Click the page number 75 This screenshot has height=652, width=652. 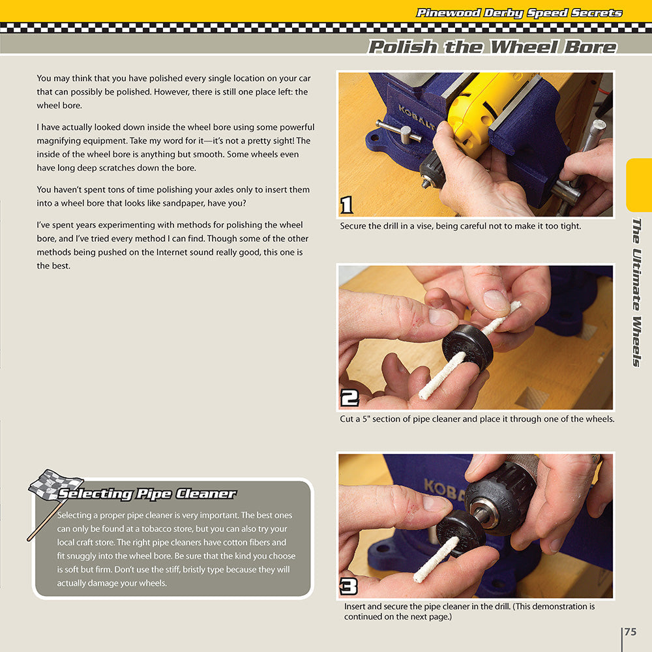point(630,632)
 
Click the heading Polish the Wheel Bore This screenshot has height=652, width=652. point(492,47)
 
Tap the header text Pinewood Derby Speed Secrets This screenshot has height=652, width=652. point(519,13)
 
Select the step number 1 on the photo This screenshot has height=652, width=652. point(347,205)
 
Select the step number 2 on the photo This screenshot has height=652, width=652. point(349,398)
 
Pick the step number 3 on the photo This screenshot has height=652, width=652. point(349,586)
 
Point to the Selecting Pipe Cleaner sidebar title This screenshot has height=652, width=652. point(147,494)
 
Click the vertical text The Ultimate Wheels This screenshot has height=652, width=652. point(637,292)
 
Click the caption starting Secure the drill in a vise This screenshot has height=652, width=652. point(460,226)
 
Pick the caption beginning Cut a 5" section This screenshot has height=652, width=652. point(477,419)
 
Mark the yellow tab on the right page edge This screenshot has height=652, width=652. point(638,185)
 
